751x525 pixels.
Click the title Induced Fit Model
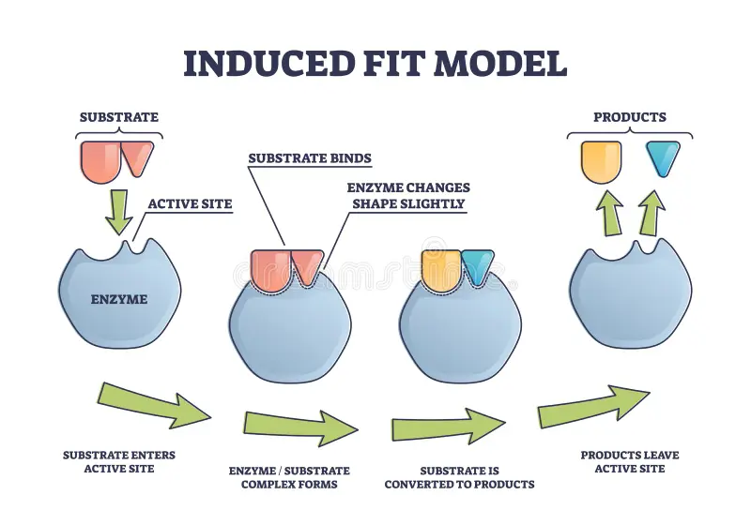pos(375,63)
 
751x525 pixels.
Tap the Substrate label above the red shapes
pos(118,117)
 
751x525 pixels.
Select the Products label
pos(629,117)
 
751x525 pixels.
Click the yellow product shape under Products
pos(601,160)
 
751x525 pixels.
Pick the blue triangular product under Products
pos(663,158)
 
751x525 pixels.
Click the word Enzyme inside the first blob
pos(118,300)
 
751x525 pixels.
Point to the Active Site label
pos(190,202)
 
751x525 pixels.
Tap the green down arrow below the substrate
pos(118,212)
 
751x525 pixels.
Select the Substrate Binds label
pos(309,158)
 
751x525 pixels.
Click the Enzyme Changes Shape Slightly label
pos(408,196)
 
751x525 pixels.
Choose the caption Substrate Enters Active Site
pos(118,461)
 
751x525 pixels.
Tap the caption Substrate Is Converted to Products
pos(459,477)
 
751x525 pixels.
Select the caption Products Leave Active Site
pos(629,461)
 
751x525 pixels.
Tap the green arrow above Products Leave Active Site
pos(593,406)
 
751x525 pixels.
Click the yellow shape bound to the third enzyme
pos(437,267)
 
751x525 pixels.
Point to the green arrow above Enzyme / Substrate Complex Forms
pos(300,427)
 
